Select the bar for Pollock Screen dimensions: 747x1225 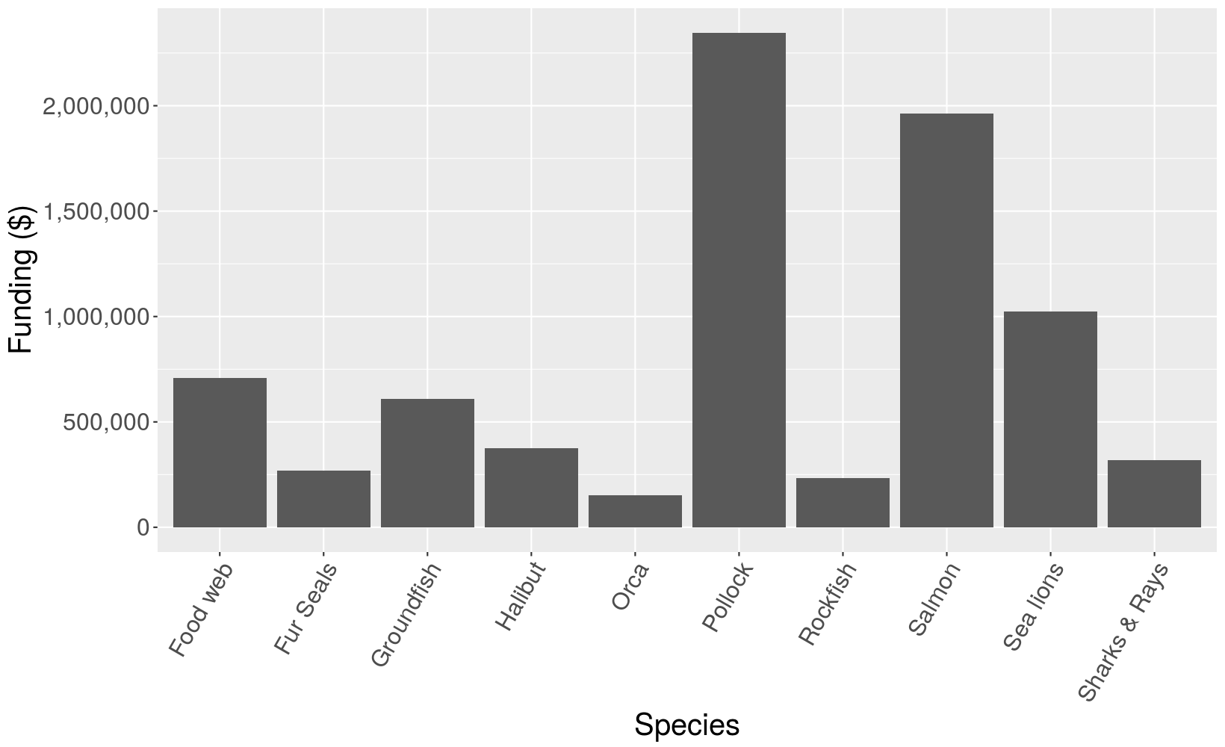(739, 280)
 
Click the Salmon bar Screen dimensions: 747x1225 (946, 320)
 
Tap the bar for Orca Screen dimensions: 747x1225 (635, 511)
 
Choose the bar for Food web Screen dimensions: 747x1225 (220, 453)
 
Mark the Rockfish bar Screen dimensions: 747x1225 (843, 503)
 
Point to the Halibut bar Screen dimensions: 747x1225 (531, 488)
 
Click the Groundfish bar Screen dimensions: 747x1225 (427, 463)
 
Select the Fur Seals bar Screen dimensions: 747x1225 (323, 499)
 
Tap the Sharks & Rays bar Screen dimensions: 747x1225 (1154, 494)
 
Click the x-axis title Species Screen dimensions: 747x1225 (686, 725)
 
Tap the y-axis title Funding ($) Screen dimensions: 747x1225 (21, 279)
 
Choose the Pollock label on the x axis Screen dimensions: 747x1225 (728, 598)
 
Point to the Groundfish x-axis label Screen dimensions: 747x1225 (406, 615)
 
